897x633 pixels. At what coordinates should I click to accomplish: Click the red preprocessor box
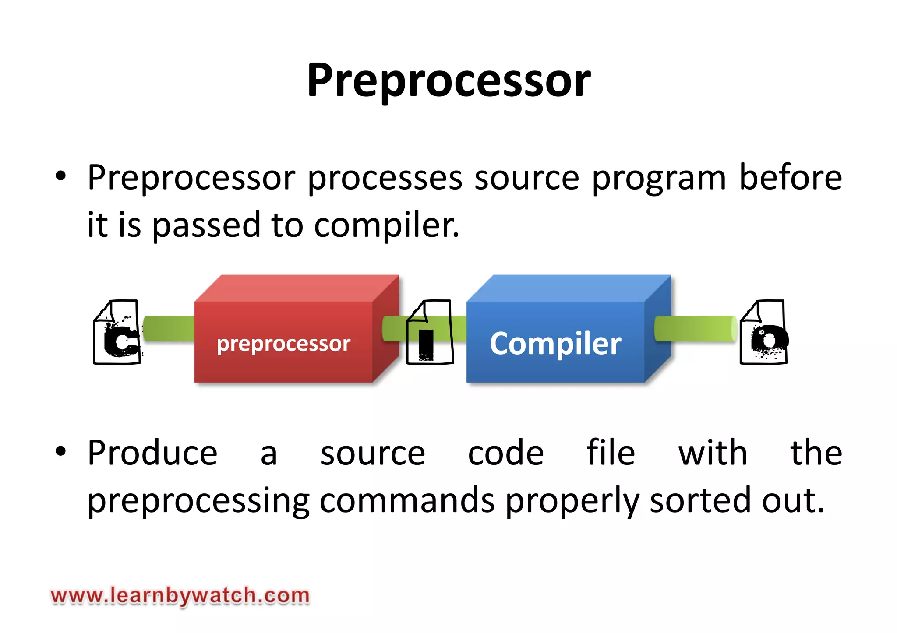(x=283, y=341)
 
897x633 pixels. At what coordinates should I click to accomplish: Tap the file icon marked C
(x=117, y=332)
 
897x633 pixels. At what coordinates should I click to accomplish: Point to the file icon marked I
(x=430, y=332)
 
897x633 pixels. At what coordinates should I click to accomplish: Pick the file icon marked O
(x=763, y=332)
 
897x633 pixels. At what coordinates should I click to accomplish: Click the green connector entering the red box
(x=169, y=329)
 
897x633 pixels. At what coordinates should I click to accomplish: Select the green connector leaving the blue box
(x=696, y=328)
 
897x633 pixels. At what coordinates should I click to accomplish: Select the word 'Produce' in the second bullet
(x=152, y=453)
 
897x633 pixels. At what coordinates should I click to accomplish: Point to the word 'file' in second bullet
(x=611, y=453)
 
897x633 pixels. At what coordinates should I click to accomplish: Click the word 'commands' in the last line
(x=407, y=500)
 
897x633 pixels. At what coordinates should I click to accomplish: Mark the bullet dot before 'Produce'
(x=60, y=451)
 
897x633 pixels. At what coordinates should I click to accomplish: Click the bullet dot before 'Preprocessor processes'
(x=60, y=176)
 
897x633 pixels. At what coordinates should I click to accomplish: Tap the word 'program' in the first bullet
(x=659, y=179)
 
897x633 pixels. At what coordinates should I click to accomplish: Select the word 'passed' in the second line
(x=206, y=226)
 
